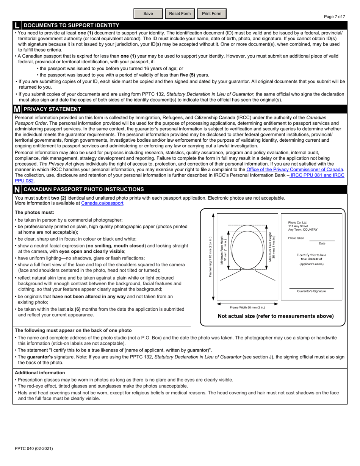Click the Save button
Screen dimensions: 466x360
tap(148, 14)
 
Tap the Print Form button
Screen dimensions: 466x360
tap(211, 14)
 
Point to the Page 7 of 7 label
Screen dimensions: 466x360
tap(334, 17)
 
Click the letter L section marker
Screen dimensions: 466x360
tap(17, 25)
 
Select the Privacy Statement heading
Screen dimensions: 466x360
tap(52, 109)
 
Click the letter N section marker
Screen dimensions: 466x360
tap(17, 189)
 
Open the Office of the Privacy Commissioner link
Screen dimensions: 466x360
tap(294, 170)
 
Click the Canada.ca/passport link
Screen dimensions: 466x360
tap(102, 203)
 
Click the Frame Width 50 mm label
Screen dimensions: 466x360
tap(247, 308)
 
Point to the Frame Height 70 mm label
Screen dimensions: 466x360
tap(210, 257)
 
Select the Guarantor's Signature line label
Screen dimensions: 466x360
tap(311, 291)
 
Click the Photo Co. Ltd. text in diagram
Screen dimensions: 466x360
tap(297, 223)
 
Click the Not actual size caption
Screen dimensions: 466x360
tap(275, 316)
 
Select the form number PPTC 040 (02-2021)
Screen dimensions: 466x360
tap(34, 449)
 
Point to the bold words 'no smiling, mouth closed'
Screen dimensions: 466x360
tap(116, 246)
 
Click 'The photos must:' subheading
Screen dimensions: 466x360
tap(34, 213)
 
